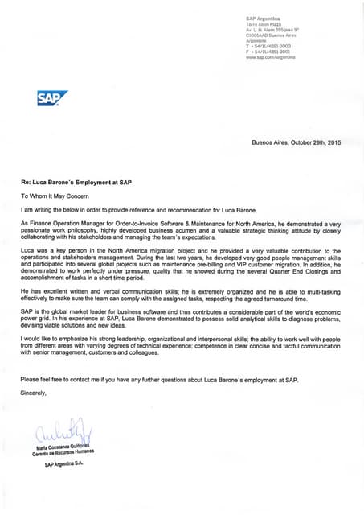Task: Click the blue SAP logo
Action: pyautogui.click(x=52, y=99)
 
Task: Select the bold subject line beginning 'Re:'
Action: pyautogui.click(x=76, y=182)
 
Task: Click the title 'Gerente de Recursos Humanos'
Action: pyautogui.click(x=63, y=453)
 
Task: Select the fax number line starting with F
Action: pyautogui.click(x=270, y=52)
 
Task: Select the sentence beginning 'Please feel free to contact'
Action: pyautogui.click(x=159, y=378)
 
